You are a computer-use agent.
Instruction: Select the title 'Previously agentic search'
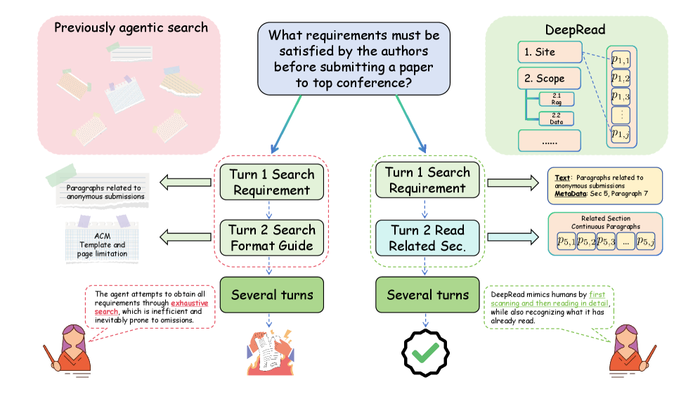pos(131,28)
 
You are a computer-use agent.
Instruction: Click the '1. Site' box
pos(550,52)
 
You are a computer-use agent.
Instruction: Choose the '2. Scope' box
pos(550,78)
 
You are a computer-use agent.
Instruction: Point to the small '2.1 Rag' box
pos(557,98)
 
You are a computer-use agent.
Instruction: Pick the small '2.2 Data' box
pos(557,119)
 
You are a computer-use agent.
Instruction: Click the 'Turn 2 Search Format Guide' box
pos(271,237)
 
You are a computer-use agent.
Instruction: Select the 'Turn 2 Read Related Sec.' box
pos(427,237)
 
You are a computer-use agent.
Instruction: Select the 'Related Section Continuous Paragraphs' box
pos(605,234)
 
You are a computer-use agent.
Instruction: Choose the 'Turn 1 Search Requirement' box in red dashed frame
pos(271,181)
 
